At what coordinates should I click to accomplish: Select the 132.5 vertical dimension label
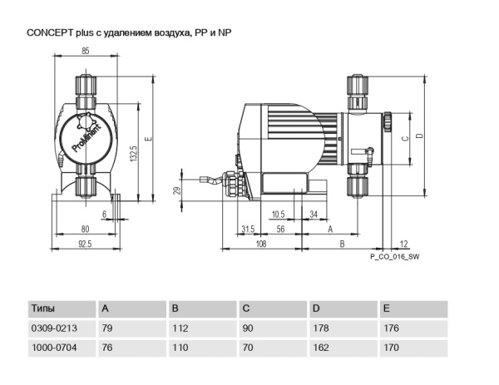click(x=133, y=155)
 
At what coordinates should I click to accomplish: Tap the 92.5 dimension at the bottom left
click(x=84, y=243)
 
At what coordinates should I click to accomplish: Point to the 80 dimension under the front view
click(x=84, y=228)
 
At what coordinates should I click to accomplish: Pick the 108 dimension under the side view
click(x=259, y=243)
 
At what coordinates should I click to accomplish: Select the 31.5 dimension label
click(x=247, y=228)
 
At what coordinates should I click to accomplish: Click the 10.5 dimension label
click(x=277, y=214)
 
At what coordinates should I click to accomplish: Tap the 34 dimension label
click(x=313, y=214)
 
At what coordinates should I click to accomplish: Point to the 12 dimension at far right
click(x=404, y=243)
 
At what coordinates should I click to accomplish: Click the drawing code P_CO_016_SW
click(x=395, y=258)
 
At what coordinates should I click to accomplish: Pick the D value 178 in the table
click(x=320, y=328)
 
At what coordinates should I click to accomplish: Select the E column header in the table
click(x=386, y=308)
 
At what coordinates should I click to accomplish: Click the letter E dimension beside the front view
click(x=147, y=138)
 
